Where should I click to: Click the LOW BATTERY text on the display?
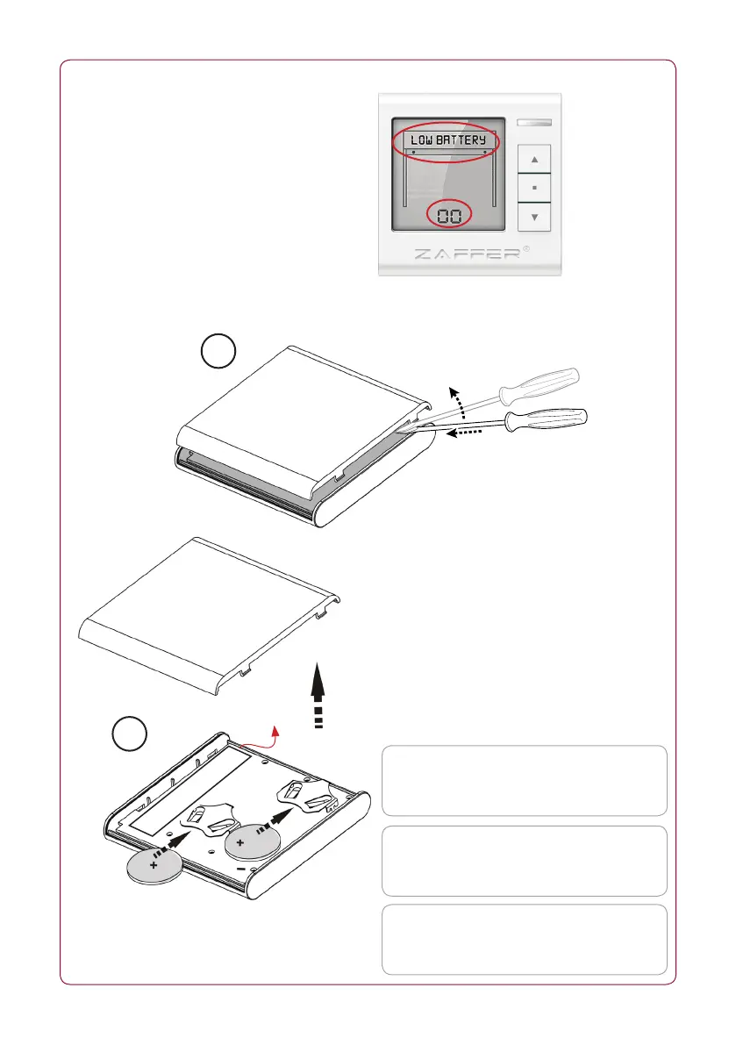[447, 140]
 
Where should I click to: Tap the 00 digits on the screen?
[448, 215]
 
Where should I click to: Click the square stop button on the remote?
[534, 188]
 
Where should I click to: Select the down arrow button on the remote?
[534, 217]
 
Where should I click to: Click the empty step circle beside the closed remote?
[218, 354]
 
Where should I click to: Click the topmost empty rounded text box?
[524, 781]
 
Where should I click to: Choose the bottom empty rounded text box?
[524, 939]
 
